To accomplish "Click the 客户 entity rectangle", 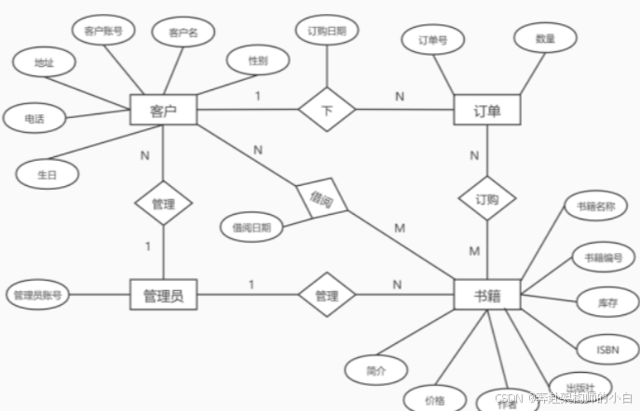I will [x=163, y=111].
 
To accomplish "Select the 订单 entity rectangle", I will [x=486, y=111].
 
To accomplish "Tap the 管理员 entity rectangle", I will [x=163, y=296].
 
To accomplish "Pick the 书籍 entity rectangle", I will [x=486, y=296].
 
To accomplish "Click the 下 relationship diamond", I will [x=327, y=112].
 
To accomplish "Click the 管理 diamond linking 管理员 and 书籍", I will [x=326, y=296].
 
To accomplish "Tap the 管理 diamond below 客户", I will [x=163, y=203].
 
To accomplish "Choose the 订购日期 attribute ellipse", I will [x=326, y=31].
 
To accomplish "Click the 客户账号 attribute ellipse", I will [x=103, y=30].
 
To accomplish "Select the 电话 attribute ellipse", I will [x=34, y=118].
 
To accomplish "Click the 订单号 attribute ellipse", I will [x=432, y=40].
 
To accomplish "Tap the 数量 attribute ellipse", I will [x=545, y=40].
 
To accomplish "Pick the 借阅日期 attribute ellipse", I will [x=252, y=226].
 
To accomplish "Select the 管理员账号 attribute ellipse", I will [x=37, y=295].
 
